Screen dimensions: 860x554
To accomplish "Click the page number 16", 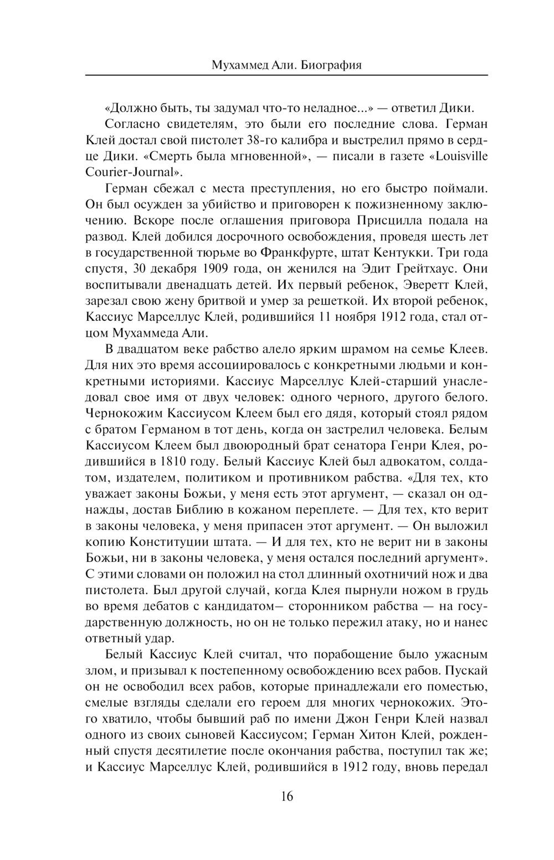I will coord(286,797).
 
